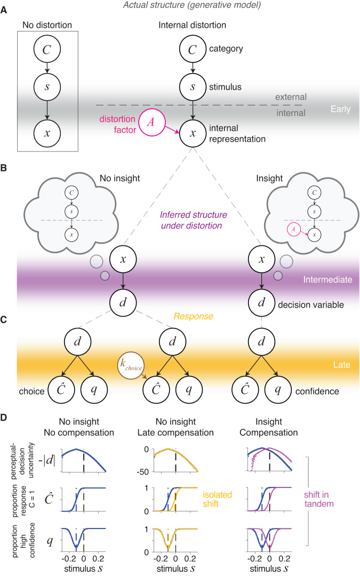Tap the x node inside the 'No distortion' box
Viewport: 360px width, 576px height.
click(x=47, y=132)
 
